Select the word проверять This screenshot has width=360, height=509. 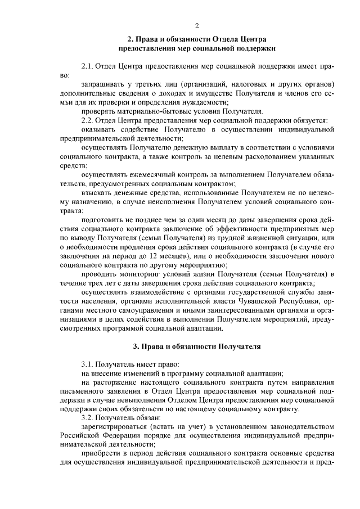coord(100,111)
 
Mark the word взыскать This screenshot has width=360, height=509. coord(98,192)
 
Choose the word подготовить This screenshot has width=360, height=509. coord(105,219)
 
